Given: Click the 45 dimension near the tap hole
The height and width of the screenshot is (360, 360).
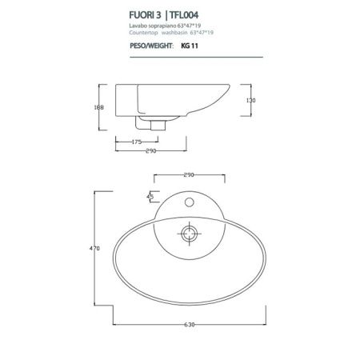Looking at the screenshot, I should click(150, 195).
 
